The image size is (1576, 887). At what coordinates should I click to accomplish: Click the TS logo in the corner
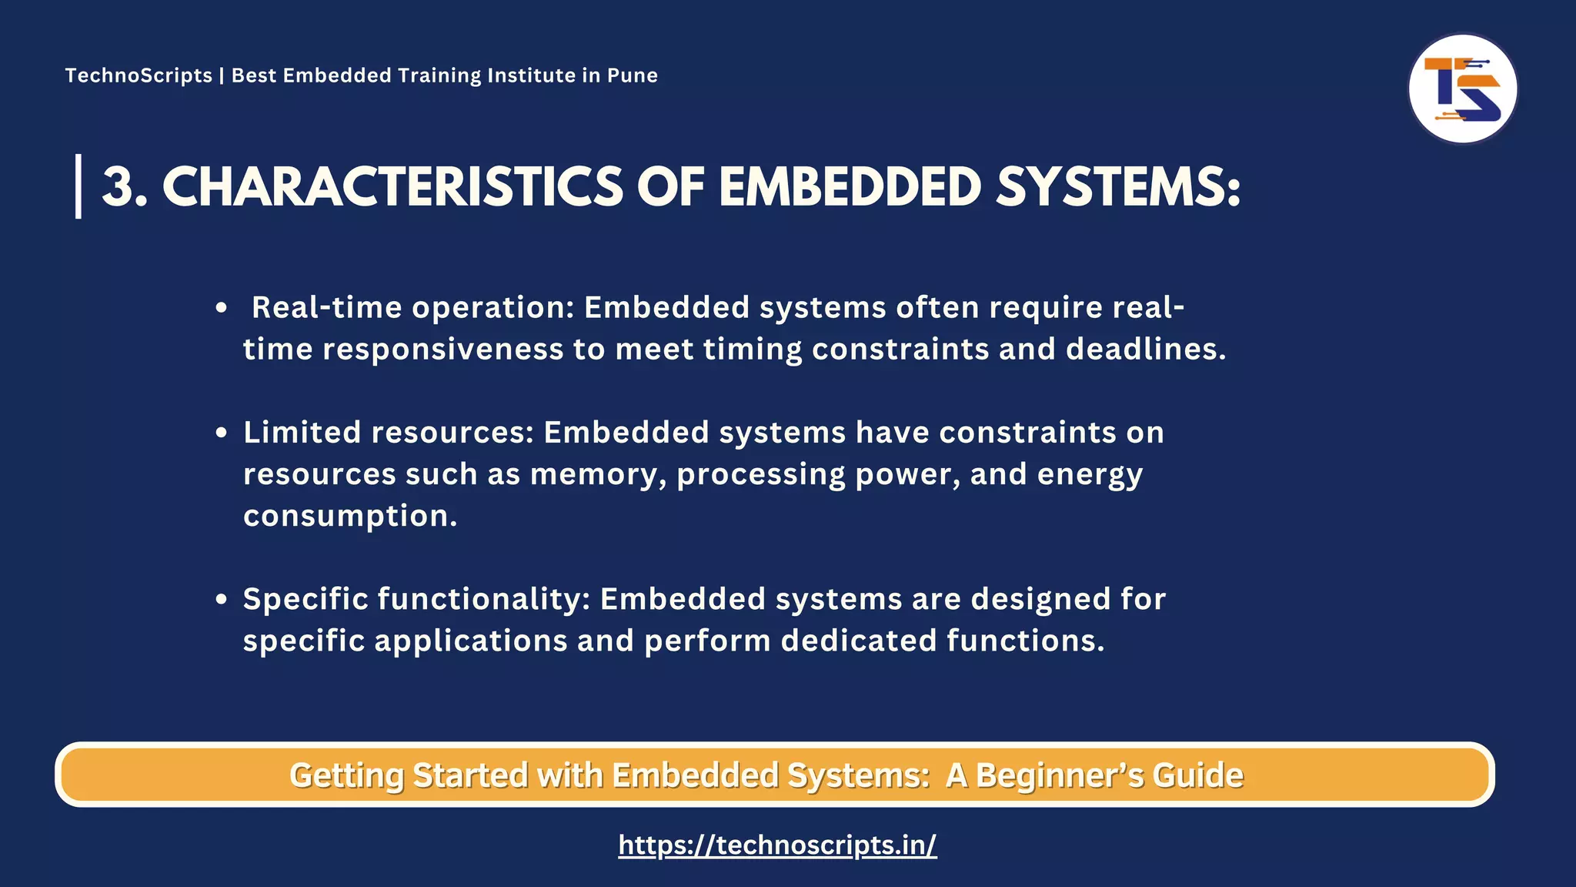click(1462, 89)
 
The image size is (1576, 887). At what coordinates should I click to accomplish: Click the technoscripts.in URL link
click(777, 845)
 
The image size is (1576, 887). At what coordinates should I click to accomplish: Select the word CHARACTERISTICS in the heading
click(392, 187)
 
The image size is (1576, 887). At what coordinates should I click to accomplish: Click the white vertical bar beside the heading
click(78, 186)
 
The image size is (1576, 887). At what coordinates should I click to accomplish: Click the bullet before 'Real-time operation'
click(222, 308)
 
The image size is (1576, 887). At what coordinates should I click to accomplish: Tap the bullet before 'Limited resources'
click(222, 433)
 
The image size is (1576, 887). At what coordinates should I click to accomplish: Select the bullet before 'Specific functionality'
click(222, 599)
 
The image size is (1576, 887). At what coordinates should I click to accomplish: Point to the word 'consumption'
click(350, 516)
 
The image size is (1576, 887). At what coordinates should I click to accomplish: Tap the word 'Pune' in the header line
click(633, 75)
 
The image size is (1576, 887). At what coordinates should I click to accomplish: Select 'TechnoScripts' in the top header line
click(139, 75)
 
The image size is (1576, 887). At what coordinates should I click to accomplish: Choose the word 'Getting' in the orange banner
click(346, 775)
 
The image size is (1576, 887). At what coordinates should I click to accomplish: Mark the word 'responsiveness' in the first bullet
click(442, 350)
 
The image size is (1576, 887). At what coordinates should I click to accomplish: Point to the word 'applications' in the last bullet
click(471, 641)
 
